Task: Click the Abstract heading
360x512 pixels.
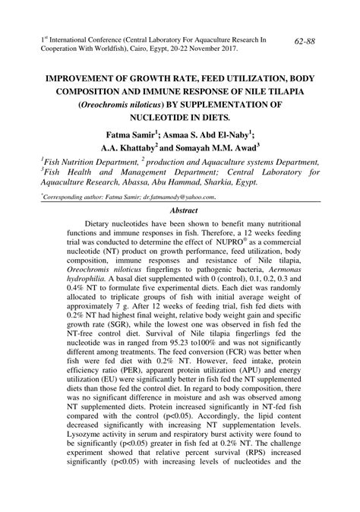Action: tap(185, 209)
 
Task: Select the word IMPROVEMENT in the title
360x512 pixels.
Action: tap(84, 77)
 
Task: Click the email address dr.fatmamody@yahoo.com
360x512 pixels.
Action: tap(171, 195)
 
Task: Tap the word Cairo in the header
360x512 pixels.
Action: tap(166, 47)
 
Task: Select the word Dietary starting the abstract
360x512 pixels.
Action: tap(101, 225)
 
